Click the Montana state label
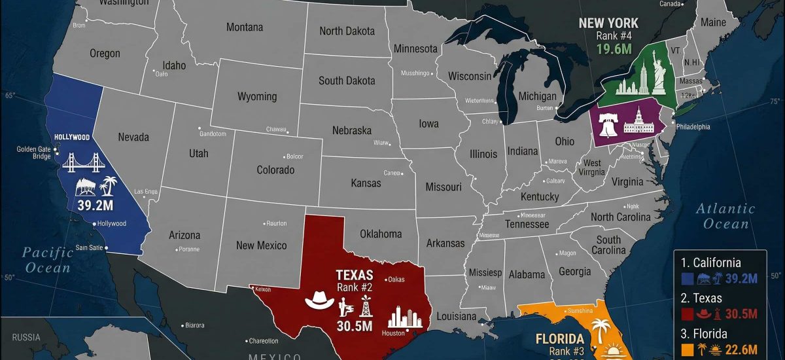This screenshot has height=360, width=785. point(245,27)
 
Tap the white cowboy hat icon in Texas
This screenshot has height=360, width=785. point(319,300)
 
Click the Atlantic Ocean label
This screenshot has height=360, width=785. point(725,217)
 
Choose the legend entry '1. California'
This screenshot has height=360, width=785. point(710,262)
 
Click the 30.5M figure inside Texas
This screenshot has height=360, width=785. point(354,326)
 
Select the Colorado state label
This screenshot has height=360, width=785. point(275,170)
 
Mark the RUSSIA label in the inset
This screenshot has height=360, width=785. point(26,338)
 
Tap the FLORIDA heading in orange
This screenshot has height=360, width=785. point(559,339)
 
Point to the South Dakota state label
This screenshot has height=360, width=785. point(347,81)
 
